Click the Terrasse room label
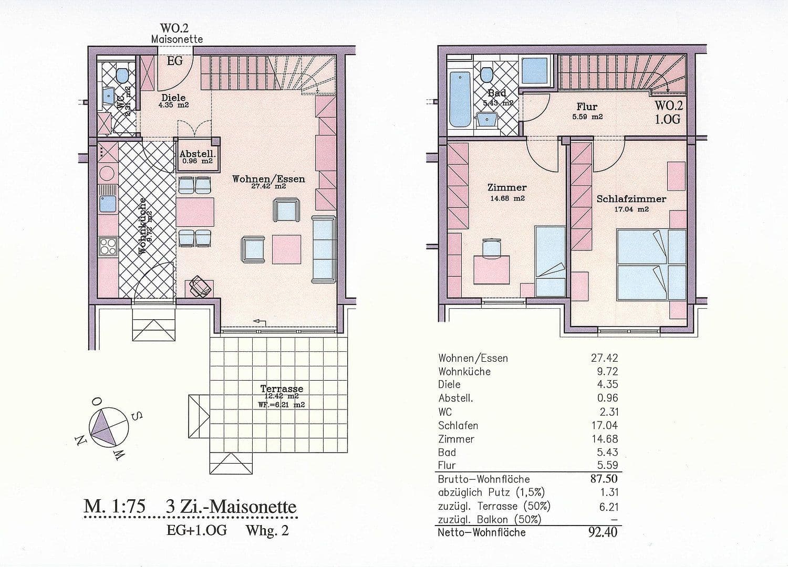pyautogui.click(x=282, y=389)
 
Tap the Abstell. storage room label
pyautogui.click(x=196, y=154)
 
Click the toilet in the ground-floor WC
pyautogui.click(x=122, y=75)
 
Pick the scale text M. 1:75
pyautogui.click(x=114, y=507)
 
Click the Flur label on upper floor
pyautogui.click(x=587, y=107)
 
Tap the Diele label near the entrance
pyautogui.click(x=173, y=98)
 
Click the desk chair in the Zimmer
pyautogui.click(x=491, y=246)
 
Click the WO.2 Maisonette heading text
pyautogui.click(x=177, y=34)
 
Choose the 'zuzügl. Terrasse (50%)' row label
pyautogui.click(x=494, y=507)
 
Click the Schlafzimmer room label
pyautogui.click(x=631, y=199)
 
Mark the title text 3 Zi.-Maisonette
pyautogui.click(x=231, y=507)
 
